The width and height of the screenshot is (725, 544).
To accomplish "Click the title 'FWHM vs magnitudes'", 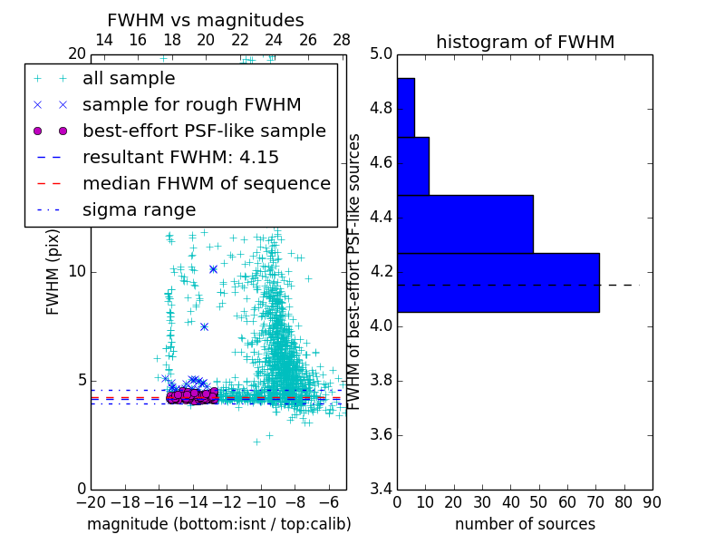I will click(x=205, y=20).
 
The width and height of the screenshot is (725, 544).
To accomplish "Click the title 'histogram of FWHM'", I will click(x=525, y=42).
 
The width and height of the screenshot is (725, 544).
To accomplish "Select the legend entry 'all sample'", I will click(x=129, y=79).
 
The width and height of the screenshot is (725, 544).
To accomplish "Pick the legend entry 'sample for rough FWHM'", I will click(x=191, y=105).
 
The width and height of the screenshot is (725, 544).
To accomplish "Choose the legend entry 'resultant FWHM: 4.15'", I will click(x=180, y=158).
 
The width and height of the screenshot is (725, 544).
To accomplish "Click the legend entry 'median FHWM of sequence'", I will click(x=206, y=184).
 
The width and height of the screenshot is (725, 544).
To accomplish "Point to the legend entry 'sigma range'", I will click(x=139, y=210).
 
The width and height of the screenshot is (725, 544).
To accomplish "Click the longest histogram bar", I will click(x=498, y=282).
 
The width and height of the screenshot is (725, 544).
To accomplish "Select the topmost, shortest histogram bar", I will click(x=405, y=107).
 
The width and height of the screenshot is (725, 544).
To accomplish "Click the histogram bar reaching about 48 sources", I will click(x=465, y=224).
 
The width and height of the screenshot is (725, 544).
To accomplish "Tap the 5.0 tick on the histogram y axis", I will click(x=381, y=54).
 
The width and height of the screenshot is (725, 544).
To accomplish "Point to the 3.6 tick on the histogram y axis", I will click(x=381, y=434).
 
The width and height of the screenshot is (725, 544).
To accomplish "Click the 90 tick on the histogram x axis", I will click(x=652, y=501).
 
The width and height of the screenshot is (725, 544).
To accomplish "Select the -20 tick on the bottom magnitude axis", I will click(x=91, y=501).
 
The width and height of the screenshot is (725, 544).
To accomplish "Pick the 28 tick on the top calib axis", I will click(x=342, y=40).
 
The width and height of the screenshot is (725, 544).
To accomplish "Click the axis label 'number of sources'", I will click(x=525, y=524).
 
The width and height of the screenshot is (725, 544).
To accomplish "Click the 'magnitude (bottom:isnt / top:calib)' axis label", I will click(x=218, y=524).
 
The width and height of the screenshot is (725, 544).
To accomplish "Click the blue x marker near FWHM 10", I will click(x=213, y=269).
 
